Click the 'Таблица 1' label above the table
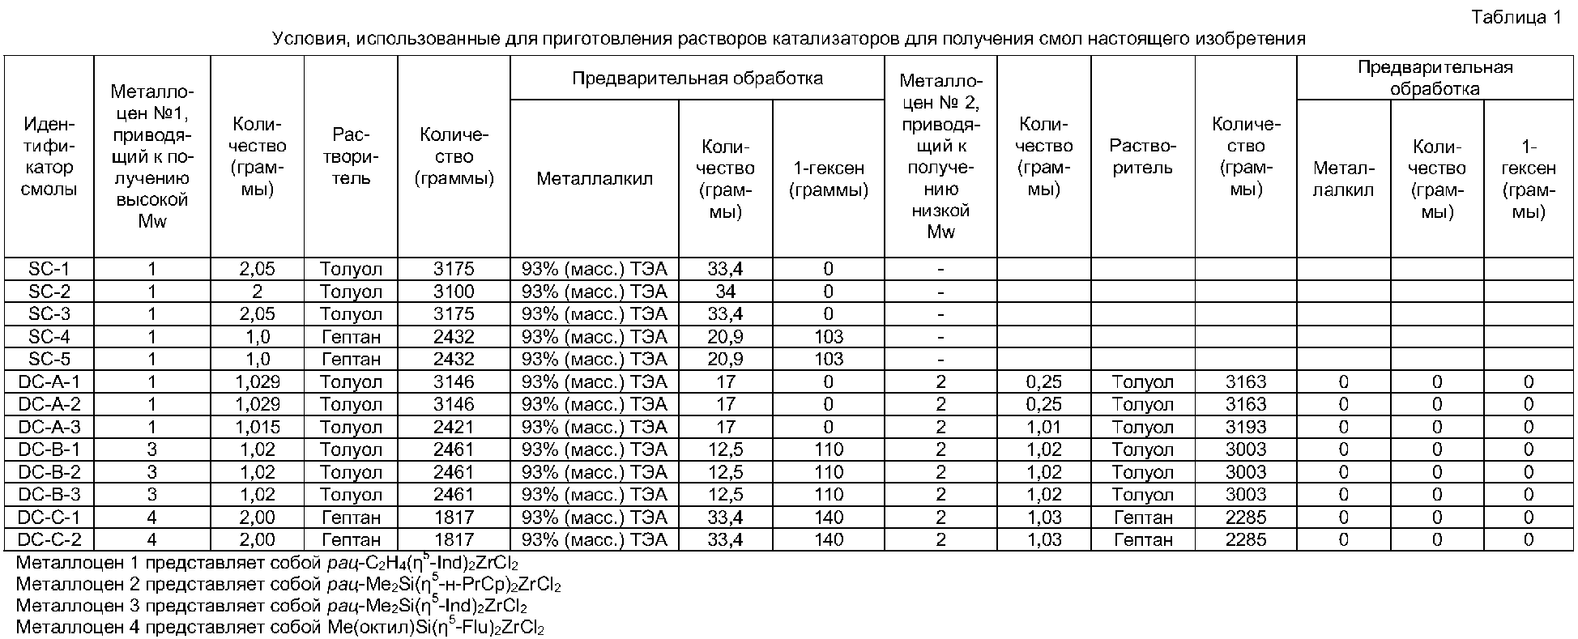coord(1516,17)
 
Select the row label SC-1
coord(49,269)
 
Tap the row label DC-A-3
coord(49,427)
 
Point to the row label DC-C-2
coord(49,539)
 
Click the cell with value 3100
coord(454,292)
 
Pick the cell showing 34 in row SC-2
coord(725,292)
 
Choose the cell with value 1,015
coord(257,427)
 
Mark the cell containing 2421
coord(454,427)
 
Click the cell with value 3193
coord(1245,427)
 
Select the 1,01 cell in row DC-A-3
coord(1043,427)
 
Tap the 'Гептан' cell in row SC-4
coord(351,337)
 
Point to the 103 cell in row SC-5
coord(828,359)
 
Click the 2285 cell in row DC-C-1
coord(1245,517)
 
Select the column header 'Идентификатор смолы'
coord(49,157)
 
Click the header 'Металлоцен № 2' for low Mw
coord(940,156)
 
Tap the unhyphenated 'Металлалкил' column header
coord(594,179)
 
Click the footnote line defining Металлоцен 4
coord(279,628)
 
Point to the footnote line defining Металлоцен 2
coord(288,584)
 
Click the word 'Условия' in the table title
coord(307,38)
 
